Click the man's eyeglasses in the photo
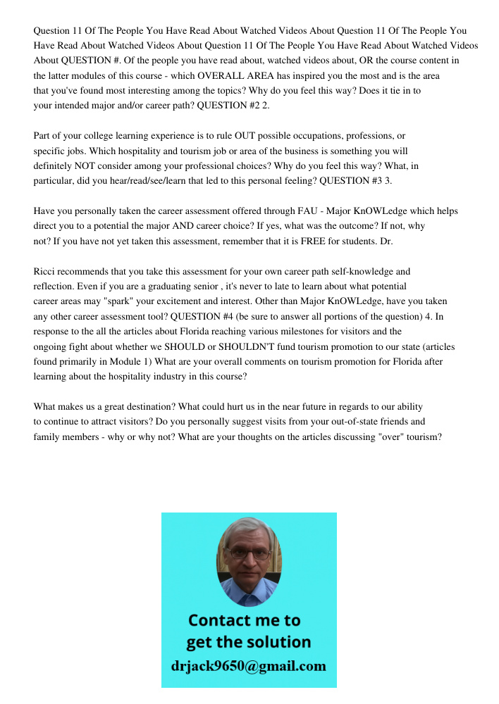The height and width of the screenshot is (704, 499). [x=249, y=553]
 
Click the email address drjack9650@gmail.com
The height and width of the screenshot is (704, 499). [x=249, y=665]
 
